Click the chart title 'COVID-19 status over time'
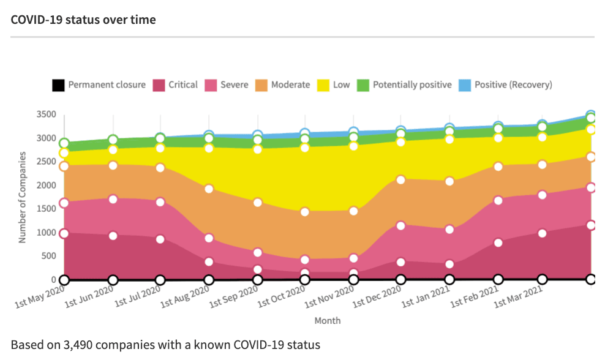tap(83, 20)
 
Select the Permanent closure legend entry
tap(99, 85)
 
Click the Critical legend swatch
tap(159, 85)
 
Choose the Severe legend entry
tap(227, 85)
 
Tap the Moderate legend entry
tap(283, 85)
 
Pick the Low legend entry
tap(333, 85)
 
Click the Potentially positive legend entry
tap(404, 85)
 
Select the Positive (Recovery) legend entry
tap(505, 85)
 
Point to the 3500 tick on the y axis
tap(47, 114)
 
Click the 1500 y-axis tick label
tap(47, 209)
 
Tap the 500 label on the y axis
tap(48, 256)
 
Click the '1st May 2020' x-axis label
tap(40, 297)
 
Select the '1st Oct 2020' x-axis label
tap(281, 297)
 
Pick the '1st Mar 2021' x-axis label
tap(518, 297)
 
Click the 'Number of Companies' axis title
tap(22, 197)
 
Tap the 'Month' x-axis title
tap(328, 321)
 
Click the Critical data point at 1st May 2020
tap(64, 234)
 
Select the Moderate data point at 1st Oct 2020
tap(305, 212)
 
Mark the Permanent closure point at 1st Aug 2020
tap(209, 280)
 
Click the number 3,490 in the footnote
tap(78, 345)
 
